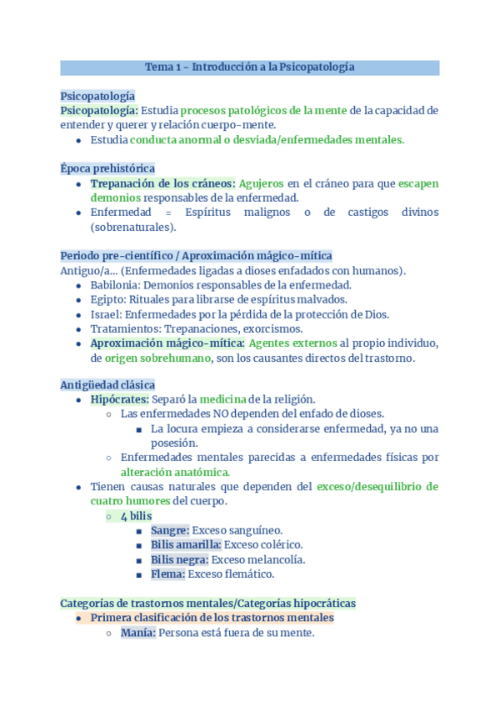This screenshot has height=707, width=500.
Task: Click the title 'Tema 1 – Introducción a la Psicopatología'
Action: click(250, 67)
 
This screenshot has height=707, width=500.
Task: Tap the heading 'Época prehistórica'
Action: click(107, 168)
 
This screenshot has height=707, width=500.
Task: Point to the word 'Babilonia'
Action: click(115, 285)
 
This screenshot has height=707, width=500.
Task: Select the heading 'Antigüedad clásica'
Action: click(107, 384)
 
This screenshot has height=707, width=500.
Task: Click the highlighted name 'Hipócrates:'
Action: click(119, 399)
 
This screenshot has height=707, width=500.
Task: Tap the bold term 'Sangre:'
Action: click(170, 530)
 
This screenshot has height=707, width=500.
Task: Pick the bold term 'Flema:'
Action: click(167, 574)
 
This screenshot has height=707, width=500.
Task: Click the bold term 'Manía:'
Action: click(137, 633)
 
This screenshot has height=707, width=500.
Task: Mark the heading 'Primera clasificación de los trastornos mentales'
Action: click(212, 618)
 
